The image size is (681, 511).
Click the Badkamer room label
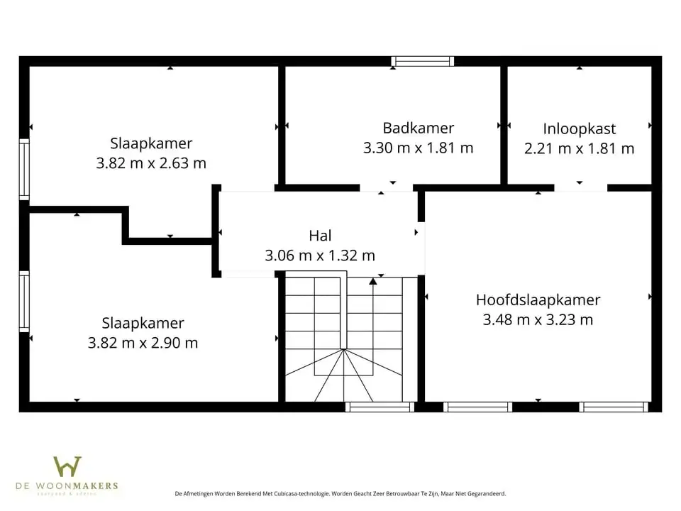pyautogui.click(x=418, y=128)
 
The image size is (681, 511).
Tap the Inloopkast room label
pyautogui.click(x=579, y=129)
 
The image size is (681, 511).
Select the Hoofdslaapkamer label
pyautogui.click(x=538, y=300)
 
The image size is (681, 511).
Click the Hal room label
pyautogui.click(x=320, y=236)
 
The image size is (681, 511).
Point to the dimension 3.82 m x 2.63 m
pyautogui.click(x=151, y=163)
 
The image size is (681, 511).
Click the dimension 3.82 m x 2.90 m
pyautogui.click(x=143, y=343)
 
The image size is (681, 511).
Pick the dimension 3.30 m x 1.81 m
pyautogui.click(x=418, y=148)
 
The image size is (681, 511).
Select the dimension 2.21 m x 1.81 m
pyautogui.click(x=579, y=149)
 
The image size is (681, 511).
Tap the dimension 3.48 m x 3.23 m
pyautogui.click(x=538, y=320)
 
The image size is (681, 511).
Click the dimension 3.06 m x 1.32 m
pyautogui.click(x=320, y=255)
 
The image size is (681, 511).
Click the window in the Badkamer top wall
pyautogui.click(x=423, y=62)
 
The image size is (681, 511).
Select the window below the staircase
pyautogui.click(x=380, y=407)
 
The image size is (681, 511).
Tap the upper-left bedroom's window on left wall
pyautogui.click(x=24, y=169)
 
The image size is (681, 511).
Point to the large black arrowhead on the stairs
pyautogui.click(x=373, y=282)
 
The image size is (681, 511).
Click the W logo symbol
pyautogui.click(x=67, y=467)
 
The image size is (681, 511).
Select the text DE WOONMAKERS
pyautogui.click(x=67, y=486)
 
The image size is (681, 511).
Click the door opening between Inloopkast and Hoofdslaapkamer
pyautogui.click(x=580, y=188)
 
